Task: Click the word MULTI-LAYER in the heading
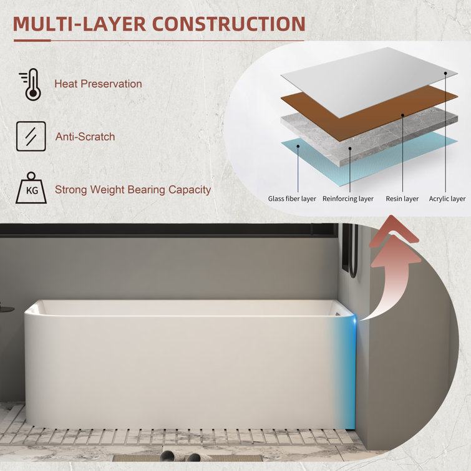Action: click(79, 24)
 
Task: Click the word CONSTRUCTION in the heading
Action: click(229, 24)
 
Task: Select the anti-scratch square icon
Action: click(31, 136)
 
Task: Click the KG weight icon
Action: click(31, 188)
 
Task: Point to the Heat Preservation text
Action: click(98, 84)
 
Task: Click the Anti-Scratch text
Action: click(85, 137)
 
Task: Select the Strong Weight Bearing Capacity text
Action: click(133, 190)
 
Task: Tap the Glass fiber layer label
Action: click(292, 198)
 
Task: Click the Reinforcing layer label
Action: click(348, 198)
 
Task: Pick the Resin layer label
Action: click(402, 198)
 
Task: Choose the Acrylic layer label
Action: click(447, 198)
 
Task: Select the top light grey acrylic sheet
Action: click(369, 82)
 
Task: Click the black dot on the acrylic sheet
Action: click(445, 73)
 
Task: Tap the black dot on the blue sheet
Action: click(298, 146)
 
